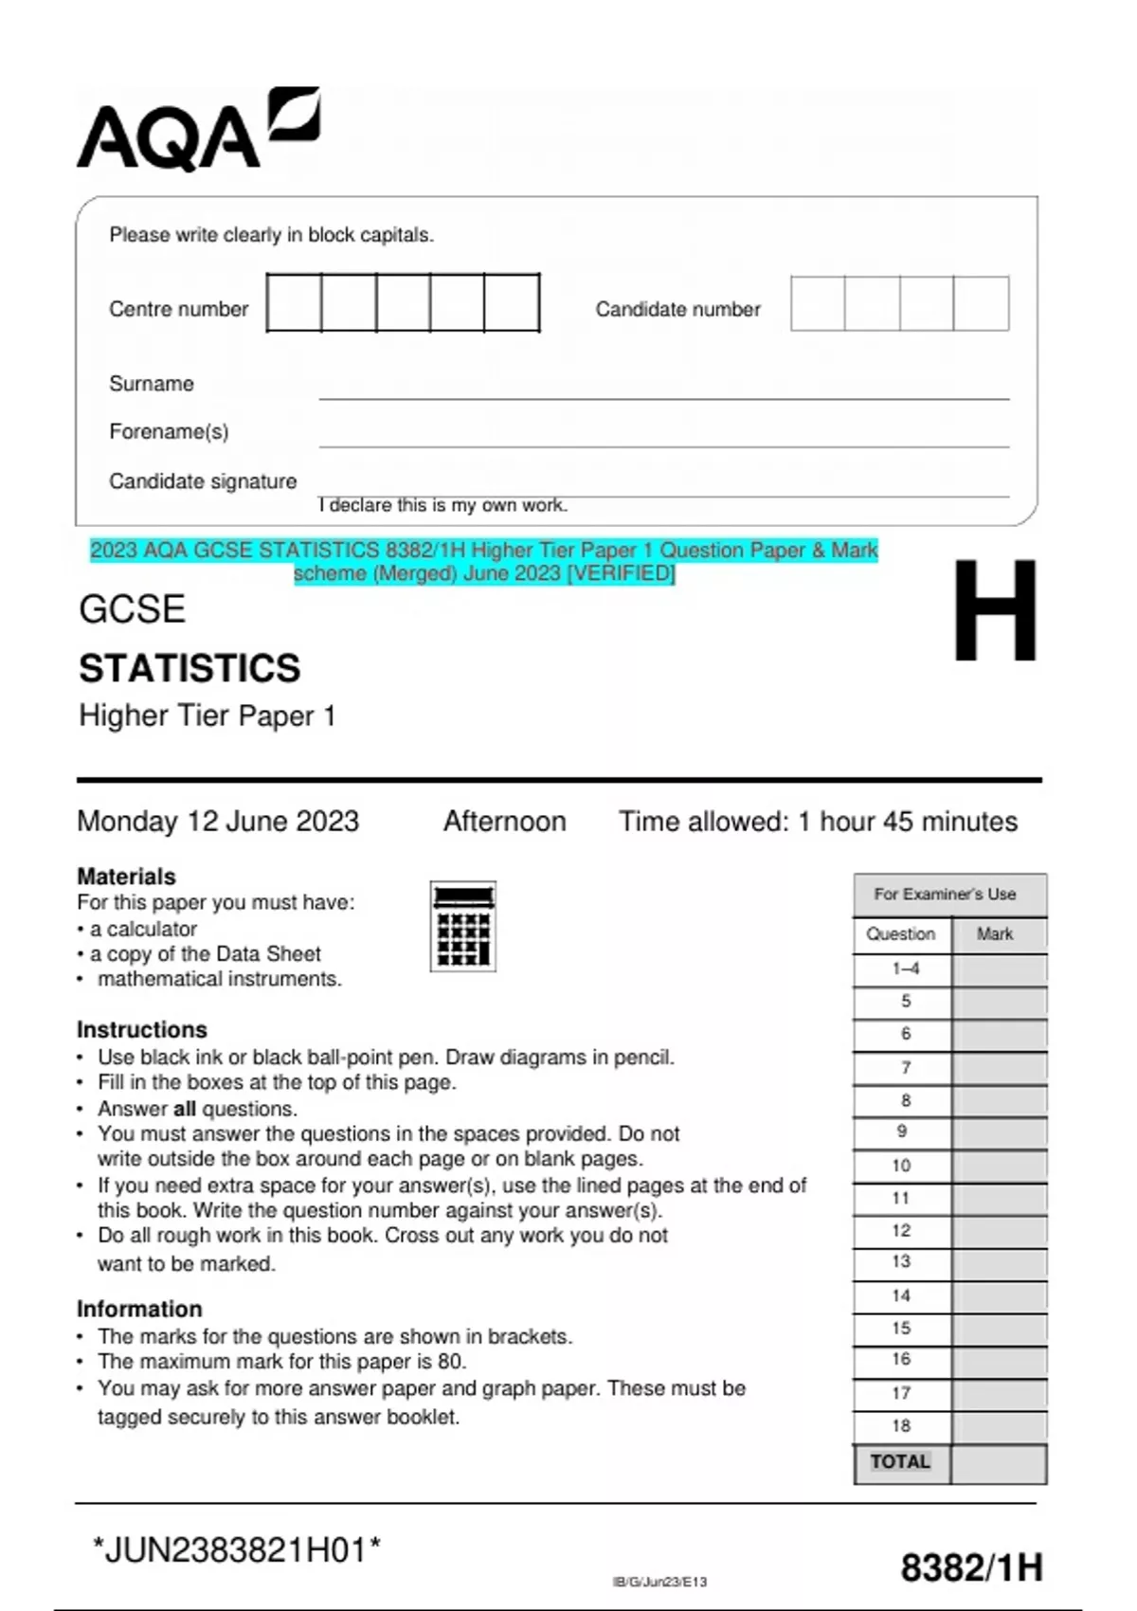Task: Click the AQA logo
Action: coord(197,130)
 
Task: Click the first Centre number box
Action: coord(294,302)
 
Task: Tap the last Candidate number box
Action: coord(981,303)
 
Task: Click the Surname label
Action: coord(151,384)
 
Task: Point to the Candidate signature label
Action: coord(203,481)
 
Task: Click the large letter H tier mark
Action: coord(994,611)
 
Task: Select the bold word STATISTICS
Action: coord(189,668)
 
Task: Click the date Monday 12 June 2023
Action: coord(218,821)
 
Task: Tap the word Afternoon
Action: coord(504,821)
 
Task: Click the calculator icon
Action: coord(463,926)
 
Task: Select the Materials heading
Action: coord(126,876)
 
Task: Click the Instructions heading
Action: coord(141,1029)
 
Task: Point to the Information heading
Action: coord(139,1309)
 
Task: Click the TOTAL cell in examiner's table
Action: coord(900,1462)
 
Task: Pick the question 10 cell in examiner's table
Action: coord(900,1166)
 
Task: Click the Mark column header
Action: coord(995,934)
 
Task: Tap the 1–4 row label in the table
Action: coord(905,968)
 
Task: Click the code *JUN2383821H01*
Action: coord(236,1550)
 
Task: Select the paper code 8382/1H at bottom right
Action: coord(971,1567)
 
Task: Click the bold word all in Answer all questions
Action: coord(184,1109)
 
